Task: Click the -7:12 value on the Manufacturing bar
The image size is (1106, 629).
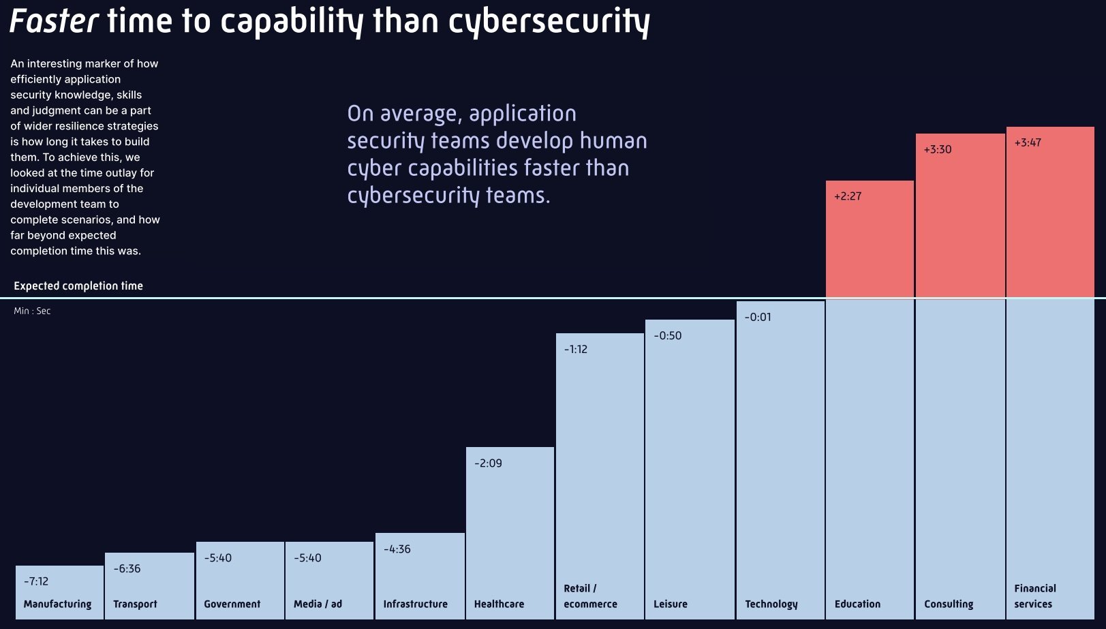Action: [x=36, y=581]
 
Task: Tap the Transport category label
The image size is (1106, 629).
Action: [x=135, y=604]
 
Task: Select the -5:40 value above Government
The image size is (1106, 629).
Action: [x=218, y=557]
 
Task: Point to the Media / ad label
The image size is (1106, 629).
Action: [x=318, y=604]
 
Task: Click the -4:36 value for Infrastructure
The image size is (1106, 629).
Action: [x=397, y=549]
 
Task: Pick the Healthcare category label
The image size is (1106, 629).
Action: [x=499, y=604]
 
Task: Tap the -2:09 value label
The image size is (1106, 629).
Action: [x=489, y=463]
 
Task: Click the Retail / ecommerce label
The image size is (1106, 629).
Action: [x=590, y=596]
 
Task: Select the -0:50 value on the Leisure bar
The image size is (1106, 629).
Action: [x=668, y=335]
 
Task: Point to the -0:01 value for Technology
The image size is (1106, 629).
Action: [x=758, y=317]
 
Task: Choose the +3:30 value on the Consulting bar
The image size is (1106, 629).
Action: [x=938, y=149]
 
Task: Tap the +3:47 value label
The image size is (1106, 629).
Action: [x=1028, y=142]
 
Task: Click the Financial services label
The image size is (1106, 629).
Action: [x=1035, y=596]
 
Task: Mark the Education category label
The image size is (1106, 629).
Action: [x=857, y=604]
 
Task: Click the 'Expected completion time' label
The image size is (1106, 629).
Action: [x=78, y=286]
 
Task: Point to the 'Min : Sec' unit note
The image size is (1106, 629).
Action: [x=32, y=311]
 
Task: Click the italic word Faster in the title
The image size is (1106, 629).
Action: [x=55, y=21]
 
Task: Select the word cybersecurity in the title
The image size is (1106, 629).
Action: [x=549, y=21]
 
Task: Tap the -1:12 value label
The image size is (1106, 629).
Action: [x=576, y=349]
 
